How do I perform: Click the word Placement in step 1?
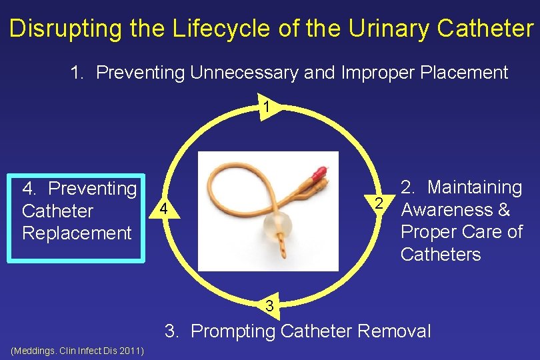467,73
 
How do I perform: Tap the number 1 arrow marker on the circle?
266,107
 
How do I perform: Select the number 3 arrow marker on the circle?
268,306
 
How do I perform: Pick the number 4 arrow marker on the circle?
162,211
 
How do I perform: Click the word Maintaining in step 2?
475,187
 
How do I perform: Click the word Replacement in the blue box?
77,233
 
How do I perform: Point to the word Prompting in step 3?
236,331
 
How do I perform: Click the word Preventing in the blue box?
93,189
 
